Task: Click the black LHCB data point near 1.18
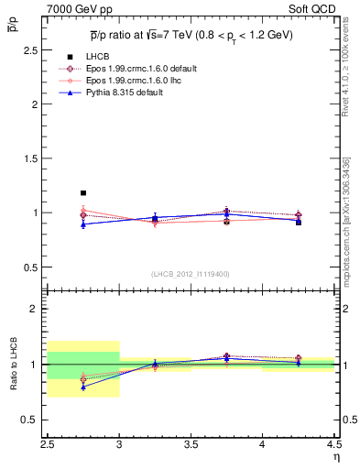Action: point(83,193)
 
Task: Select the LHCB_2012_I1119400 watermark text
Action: point(191,273)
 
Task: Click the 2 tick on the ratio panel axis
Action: point(38,309)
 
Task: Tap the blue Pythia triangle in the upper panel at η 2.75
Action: point(83,224)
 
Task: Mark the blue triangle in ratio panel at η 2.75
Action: point(83,387)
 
